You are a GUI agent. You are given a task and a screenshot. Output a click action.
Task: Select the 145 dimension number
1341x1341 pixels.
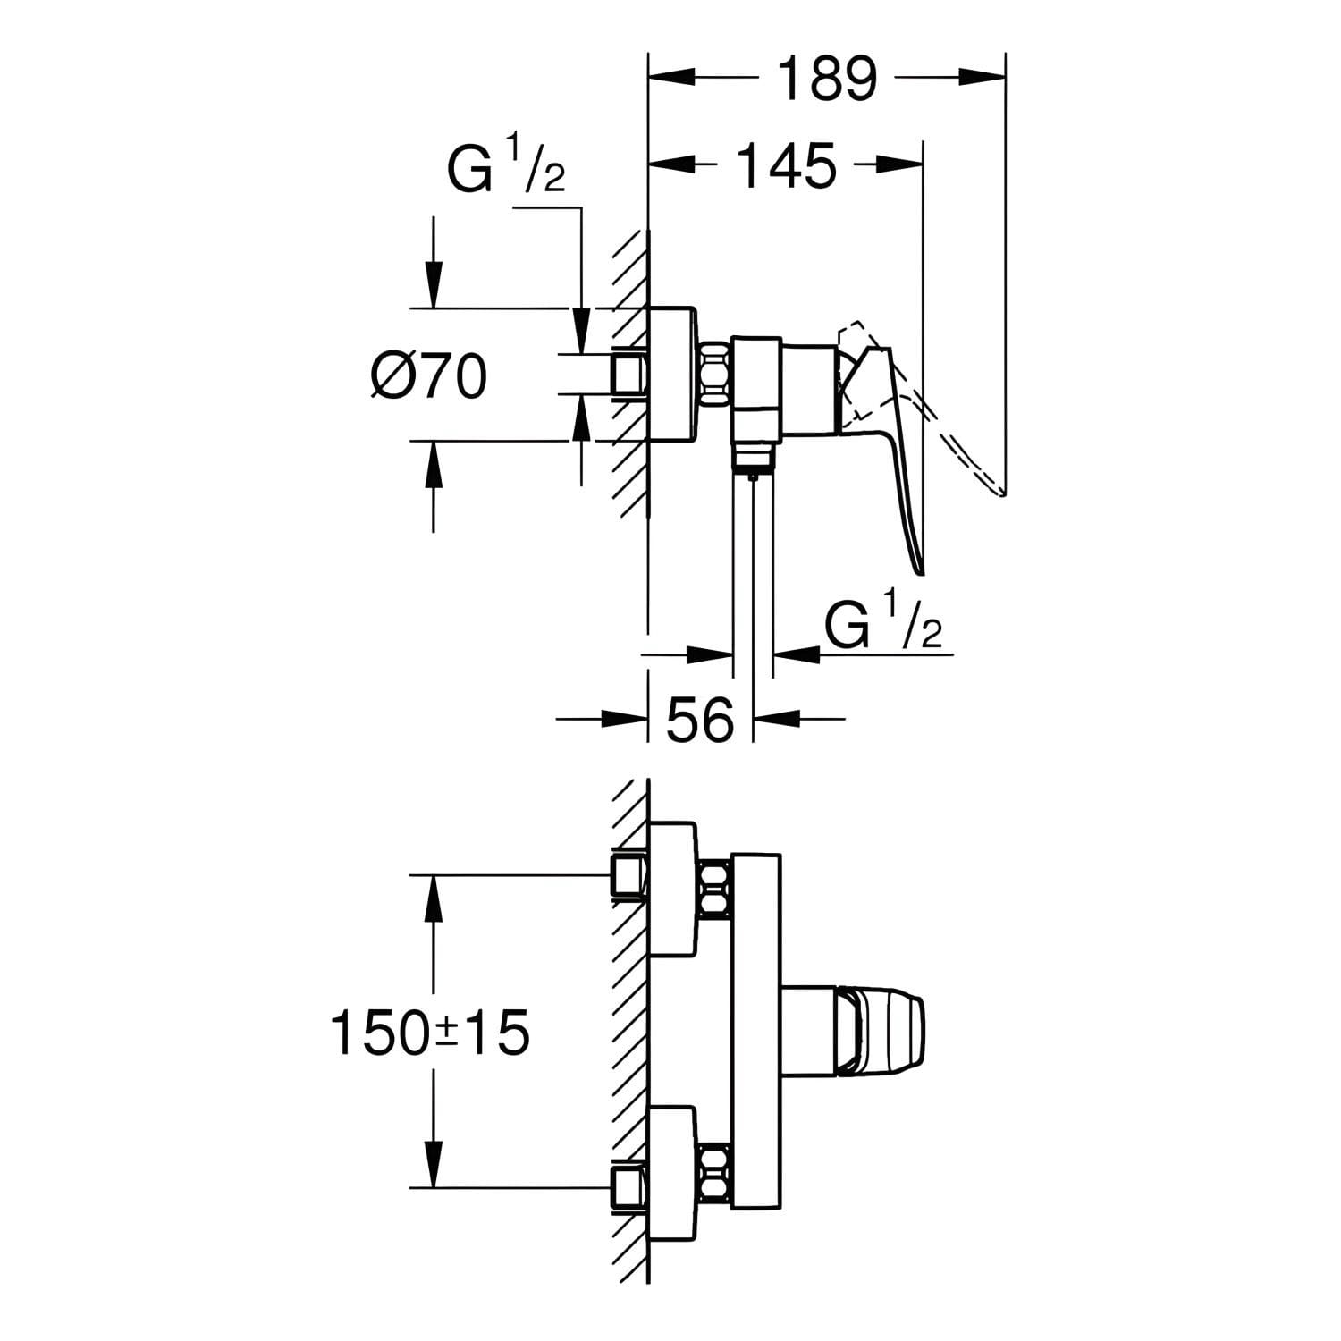787,165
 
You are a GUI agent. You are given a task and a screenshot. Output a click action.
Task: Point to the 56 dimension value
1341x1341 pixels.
700,719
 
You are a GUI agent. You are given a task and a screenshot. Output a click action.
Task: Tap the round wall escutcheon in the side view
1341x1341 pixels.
670,375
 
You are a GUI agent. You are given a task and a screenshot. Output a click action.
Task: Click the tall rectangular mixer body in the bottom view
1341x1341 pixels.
756,1032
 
